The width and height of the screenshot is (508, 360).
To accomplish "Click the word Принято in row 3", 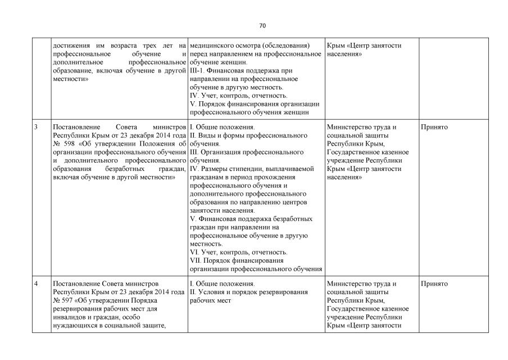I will [x=434, y=127].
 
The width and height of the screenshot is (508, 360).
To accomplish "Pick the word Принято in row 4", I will [x=434, y=283].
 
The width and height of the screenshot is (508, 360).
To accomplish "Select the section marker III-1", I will [x=198, y=70].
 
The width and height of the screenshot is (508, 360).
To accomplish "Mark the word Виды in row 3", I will [x=204, y=136].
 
